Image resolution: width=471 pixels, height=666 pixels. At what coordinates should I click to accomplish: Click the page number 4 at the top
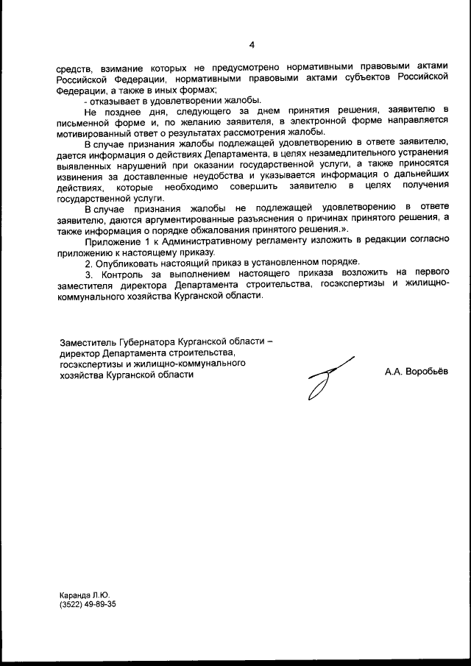(252, 45)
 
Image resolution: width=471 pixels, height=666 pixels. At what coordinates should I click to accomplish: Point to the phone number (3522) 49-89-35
(88, 603)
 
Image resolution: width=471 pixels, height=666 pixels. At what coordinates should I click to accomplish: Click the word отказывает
(116, 100)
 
